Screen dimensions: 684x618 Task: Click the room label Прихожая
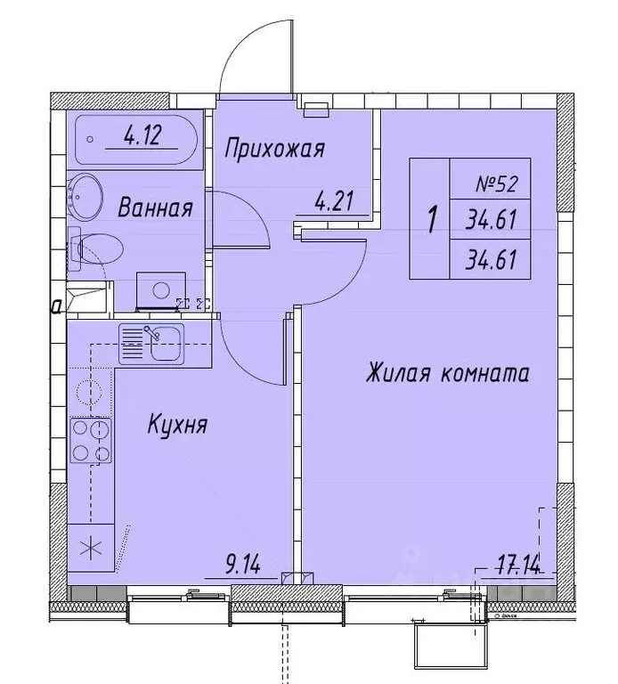tap(273, 148)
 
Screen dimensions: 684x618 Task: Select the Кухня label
tap(177, 426)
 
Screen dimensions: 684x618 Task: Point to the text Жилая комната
tap(447, 373)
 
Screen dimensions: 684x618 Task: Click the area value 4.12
tap(142, 138)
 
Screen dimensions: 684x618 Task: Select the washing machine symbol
tap(160, 289)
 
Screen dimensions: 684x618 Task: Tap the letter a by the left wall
tap(56, 307)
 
